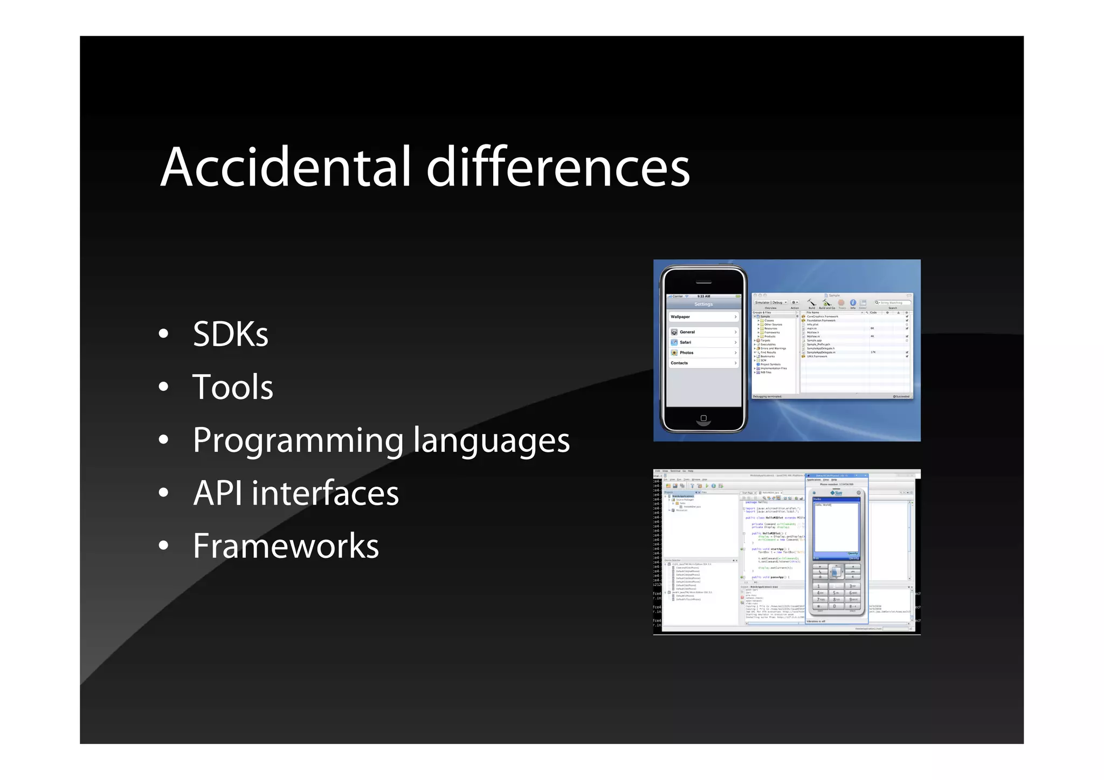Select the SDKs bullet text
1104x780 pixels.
pos(231,334)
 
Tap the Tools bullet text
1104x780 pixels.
pos(233,387)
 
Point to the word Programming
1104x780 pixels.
pos(298,441)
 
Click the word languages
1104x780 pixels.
pos(492,441)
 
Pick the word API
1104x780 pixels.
pos(218,493)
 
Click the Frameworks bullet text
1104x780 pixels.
pos(286,546)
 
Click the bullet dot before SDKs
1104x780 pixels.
pos(163,334)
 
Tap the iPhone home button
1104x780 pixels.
pos(703,418)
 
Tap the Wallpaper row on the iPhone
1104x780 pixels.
pos(703,317)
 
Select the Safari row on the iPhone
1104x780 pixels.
pos(703,342)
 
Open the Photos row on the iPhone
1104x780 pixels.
pos(703,353)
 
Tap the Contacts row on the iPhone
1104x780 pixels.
pos(703,363)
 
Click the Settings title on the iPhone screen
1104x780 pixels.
pos(703,304)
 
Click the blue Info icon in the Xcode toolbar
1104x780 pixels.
pos(853,302)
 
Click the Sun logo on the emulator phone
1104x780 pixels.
pos(837,493)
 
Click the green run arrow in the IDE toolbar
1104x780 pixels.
pos(707,486)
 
